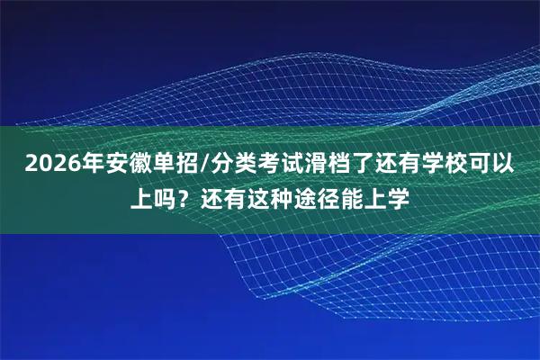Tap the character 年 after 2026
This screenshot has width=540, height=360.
(87, 166)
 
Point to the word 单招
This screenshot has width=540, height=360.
(176, 166)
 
